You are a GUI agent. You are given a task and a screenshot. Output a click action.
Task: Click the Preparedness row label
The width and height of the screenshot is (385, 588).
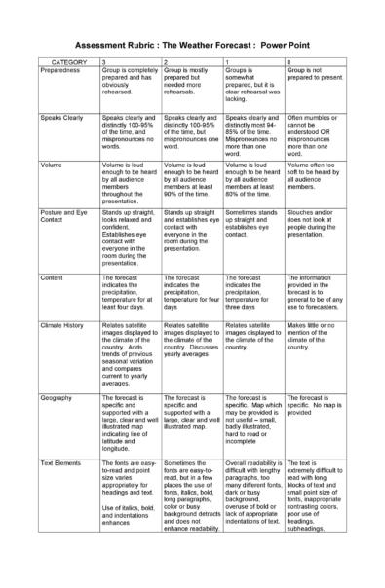coord(61,70)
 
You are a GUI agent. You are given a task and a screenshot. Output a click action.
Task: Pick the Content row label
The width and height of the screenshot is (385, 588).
coord(53,276)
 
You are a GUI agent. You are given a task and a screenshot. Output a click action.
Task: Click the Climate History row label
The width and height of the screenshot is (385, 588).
coord(63,319)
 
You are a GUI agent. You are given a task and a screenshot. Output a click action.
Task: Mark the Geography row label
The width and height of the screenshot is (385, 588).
coord(57,398)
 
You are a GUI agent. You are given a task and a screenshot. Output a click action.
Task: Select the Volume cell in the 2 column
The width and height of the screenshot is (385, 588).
coord(192,180)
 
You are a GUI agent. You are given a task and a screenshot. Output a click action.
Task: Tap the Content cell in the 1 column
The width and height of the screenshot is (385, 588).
coord(252,292)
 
